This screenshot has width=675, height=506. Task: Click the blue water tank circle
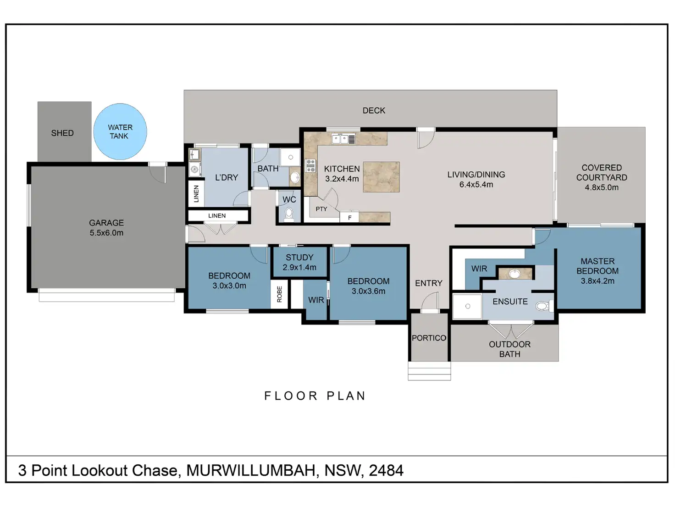120,132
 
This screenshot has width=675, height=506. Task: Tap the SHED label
62,133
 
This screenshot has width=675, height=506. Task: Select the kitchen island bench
382,177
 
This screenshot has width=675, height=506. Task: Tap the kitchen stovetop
310,165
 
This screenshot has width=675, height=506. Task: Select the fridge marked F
349,217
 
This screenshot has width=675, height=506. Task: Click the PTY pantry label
321,209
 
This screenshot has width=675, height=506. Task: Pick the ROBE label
279,294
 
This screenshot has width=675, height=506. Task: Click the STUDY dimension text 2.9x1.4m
299,267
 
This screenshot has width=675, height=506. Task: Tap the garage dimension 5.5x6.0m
106,232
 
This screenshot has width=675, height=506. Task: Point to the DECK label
374,110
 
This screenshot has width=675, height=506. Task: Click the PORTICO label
429,338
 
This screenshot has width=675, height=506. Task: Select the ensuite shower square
467,306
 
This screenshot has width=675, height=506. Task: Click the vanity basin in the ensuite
515,274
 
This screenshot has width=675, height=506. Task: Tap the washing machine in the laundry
194,169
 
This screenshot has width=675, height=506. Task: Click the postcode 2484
386,470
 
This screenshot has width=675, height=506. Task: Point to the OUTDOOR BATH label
510,349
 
